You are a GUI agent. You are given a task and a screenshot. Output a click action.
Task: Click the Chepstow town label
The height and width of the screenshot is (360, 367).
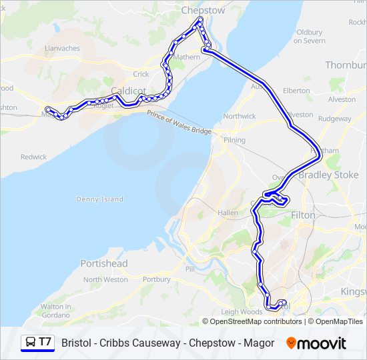coord(204,11)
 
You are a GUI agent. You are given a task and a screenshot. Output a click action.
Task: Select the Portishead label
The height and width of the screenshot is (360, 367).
coord(103,263)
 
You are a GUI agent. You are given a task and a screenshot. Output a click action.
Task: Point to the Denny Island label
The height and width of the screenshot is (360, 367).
coord(100,199)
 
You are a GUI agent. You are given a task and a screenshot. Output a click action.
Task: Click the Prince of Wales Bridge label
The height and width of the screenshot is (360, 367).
coord(179,124)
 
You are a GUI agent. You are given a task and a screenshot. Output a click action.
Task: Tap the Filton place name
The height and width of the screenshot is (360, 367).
coord(303,215)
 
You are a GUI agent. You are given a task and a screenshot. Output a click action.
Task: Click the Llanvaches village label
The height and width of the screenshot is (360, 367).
coord(61,48)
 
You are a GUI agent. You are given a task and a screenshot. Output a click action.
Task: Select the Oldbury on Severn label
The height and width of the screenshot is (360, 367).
coord(310,36)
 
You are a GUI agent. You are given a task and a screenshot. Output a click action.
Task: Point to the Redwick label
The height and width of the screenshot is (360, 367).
coord(33,157)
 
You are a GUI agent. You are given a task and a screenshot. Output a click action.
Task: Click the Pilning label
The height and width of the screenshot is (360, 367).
coord(235,140)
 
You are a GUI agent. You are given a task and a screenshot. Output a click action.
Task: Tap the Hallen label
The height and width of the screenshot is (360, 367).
coord(228,213)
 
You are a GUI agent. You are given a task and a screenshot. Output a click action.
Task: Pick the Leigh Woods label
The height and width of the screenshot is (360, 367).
coord(242,311)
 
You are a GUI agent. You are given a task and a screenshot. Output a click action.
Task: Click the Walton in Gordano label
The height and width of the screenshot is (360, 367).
coord(56,310)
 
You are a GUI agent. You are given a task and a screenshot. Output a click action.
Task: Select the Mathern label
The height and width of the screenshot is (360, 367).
coord(186,57)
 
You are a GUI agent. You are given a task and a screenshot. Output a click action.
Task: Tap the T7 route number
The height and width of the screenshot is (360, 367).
coord(45,343)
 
